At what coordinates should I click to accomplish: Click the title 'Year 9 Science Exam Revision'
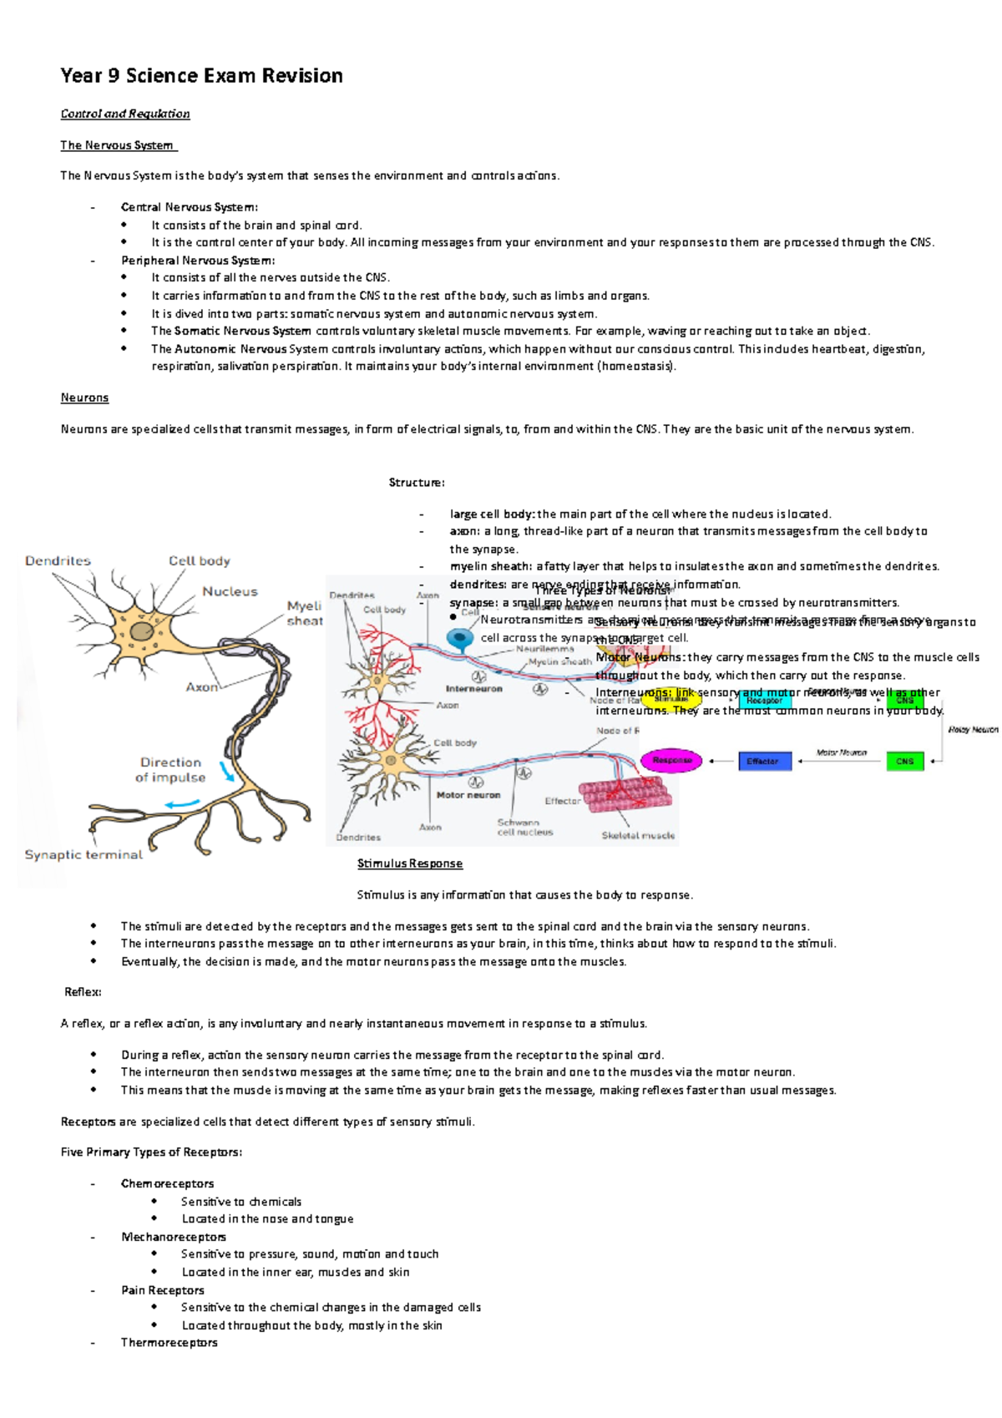tap(201, 76)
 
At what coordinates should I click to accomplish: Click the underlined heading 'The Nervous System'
tap(117, 145)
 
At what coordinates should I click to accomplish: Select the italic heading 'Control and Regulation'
tap(125, 114)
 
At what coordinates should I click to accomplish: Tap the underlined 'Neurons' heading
tap(84, 398)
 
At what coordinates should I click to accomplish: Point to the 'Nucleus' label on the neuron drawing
tap(230, 591)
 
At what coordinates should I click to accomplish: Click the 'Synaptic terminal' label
tap(83, 854)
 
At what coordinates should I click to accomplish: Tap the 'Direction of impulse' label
tap(171, 770)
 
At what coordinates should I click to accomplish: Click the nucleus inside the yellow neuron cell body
tap(141, 631)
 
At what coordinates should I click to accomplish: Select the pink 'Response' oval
tap(672, 761)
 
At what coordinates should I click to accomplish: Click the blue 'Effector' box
tap(764, 761)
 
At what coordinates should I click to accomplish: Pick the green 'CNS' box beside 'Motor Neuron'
tap(904, 761)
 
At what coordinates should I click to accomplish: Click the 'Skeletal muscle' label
tap(638, 835)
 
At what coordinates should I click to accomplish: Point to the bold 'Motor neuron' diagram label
tap(468, 795)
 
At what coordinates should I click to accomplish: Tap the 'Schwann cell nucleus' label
tap(524, 827)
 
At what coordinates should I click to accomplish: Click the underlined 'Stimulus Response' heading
tap(410, 863)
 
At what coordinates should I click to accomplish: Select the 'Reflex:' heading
tap(83, 992)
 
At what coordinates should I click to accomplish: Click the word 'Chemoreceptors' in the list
tap(167, 1183)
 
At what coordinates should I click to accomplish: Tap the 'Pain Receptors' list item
tap(163, 1290)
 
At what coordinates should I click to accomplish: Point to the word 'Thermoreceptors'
tap(169, 1343)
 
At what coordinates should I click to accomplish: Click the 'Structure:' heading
tap(417, 483)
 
